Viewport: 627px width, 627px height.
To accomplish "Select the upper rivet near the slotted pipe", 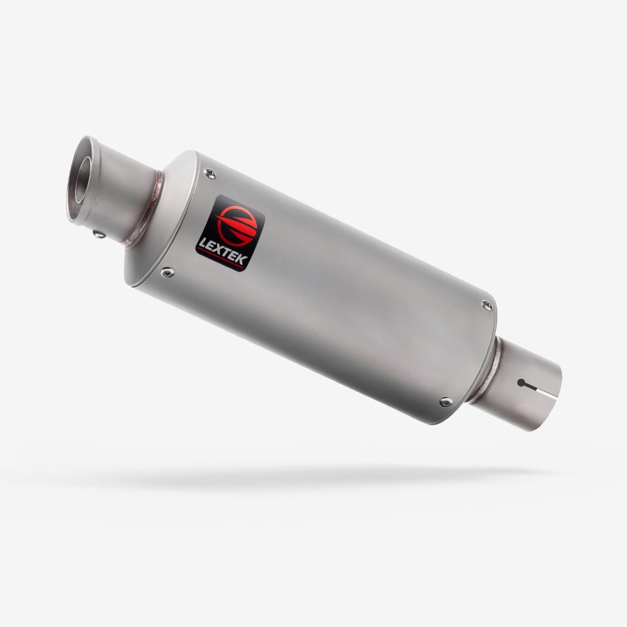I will click(487, 305).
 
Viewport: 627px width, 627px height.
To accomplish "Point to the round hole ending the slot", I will click(521, 381).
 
